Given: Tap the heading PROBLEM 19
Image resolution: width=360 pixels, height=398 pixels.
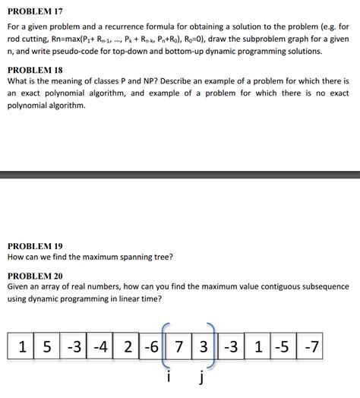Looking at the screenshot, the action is point(35,246).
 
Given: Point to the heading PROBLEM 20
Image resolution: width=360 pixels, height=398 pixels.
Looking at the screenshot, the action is point(35,275).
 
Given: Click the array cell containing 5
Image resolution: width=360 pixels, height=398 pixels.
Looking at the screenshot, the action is point(48,349).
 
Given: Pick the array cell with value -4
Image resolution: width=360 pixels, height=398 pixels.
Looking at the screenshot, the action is point(100,349).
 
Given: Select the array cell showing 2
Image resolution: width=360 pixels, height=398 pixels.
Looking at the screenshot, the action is point(126,349).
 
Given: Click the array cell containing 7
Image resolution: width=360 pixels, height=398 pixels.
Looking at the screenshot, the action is point(178,349).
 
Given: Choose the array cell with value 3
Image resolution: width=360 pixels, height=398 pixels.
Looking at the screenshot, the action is point(203,349).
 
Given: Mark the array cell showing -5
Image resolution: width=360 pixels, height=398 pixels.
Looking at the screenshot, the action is point(283,349).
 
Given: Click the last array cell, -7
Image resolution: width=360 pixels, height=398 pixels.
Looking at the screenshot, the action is point(309,349).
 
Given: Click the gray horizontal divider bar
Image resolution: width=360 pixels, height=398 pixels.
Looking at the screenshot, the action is point(180,175).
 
